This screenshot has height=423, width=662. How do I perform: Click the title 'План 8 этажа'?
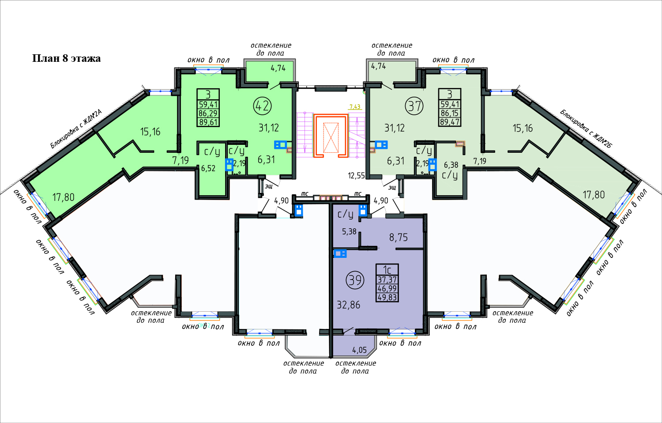click(66, 59)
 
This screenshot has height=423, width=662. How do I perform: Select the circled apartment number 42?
click(263, 106)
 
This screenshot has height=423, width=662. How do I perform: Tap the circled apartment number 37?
click(414, 106)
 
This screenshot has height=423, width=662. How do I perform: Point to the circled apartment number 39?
click(355, 280)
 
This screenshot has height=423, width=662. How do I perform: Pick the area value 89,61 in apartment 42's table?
click(208, 122)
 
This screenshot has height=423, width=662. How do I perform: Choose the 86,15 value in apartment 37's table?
click(450, 113)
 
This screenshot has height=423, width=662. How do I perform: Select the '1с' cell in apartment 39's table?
click(387, 270)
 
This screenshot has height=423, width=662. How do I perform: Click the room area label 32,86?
click(349, 305)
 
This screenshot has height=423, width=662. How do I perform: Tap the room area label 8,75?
click(399, 238)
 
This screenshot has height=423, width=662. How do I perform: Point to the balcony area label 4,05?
click(359, 350)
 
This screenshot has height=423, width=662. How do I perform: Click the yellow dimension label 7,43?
click(355, 107)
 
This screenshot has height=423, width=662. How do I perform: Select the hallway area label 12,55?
click(357, 176)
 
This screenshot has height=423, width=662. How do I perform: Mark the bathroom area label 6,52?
click(208, 169)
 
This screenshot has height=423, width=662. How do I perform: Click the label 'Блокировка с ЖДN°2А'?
click(76, 129)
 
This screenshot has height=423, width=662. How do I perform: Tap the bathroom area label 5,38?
click(349, 231)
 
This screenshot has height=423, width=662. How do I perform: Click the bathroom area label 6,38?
click(451, 165)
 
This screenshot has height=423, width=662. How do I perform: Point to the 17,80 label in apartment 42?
click(63, 197)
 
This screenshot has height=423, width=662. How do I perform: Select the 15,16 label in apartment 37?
click(523, 128)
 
